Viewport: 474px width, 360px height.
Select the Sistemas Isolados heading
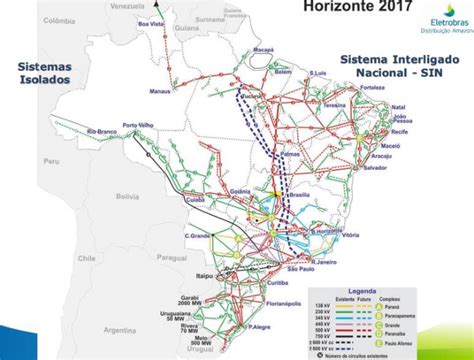tap(44, 72)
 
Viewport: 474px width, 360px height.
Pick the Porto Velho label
tap(139, 126)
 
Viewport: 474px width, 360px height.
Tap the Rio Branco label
tap(104, 131)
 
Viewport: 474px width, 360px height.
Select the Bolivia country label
tap(127, 196)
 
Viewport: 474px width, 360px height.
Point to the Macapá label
tap(262, 47)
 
